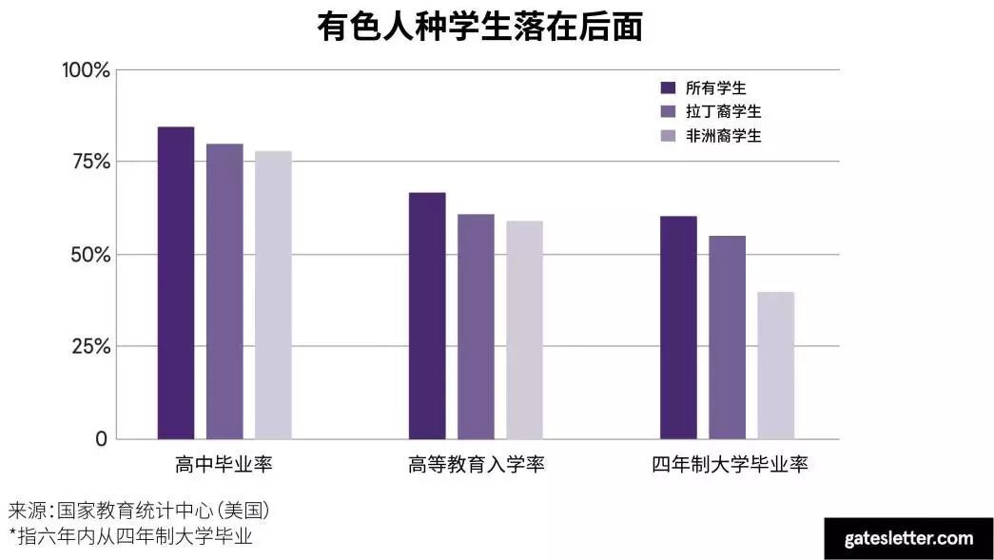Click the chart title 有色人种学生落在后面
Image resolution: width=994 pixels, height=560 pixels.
479,28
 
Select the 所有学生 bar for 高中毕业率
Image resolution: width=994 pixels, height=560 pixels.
176,282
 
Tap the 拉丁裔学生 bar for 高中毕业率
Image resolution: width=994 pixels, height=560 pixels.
224,291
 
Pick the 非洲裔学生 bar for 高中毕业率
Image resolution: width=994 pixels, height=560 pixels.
273,295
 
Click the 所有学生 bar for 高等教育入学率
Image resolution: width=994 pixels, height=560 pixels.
427,316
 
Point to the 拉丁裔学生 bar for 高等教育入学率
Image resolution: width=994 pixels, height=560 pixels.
476,326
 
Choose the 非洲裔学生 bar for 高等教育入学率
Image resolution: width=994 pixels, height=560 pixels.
524,330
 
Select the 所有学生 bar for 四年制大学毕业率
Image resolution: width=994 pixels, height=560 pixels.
678,327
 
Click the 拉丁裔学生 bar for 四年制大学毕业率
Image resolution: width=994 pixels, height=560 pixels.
727,337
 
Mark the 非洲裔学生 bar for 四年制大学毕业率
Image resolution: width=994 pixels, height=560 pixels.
775,365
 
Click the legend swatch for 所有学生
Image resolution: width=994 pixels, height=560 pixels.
668,87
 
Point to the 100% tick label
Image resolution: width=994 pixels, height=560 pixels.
86,70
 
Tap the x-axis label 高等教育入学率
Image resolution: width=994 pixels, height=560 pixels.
476,465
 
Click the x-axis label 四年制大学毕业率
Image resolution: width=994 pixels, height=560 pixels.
730,465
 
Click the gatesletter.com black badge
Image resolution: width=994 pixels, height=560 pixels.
908,538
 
